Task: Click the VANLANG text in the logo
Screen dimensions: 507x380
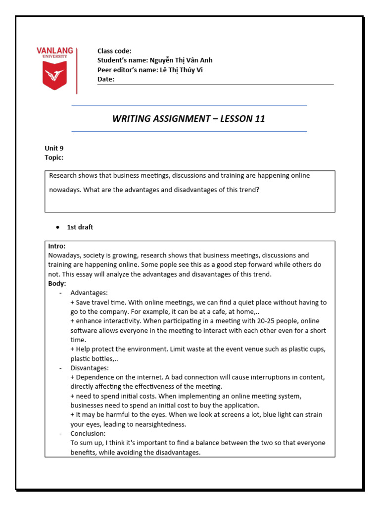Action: tap(54, 51)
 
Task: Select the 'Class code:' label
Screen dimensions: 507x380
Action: tap(114, 51)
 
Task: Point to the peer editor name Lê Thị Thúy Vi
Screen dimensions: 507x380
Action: tap(181, 70)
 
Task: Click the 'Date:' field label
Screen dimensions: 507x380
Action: tap(106, 79)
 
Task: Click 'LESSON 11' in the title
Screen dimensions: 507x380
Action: tap(243, 119)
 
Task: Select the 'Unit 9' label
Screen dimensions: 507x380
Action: tap(54, 148)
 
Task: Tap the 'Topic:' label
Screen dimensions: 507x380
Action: tap(54, 157)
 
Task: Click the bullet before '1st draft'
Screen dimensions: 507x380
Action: tap(58, 227)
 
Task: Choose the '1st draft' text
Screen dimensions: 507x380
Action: tap(80, 227)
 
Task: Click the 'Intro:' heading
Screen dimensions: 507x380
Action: tap(57, 246)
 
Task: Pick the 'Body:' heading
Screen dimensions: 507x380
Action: tap(57, 284)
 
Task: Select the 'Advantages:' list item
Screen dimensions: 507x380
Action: tap(89, 293)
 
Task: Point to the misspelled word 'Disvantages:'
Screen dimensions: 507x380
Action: tap(90, 368)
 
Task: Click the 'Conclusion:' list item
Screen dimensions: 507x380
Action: tap(88, 434)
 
